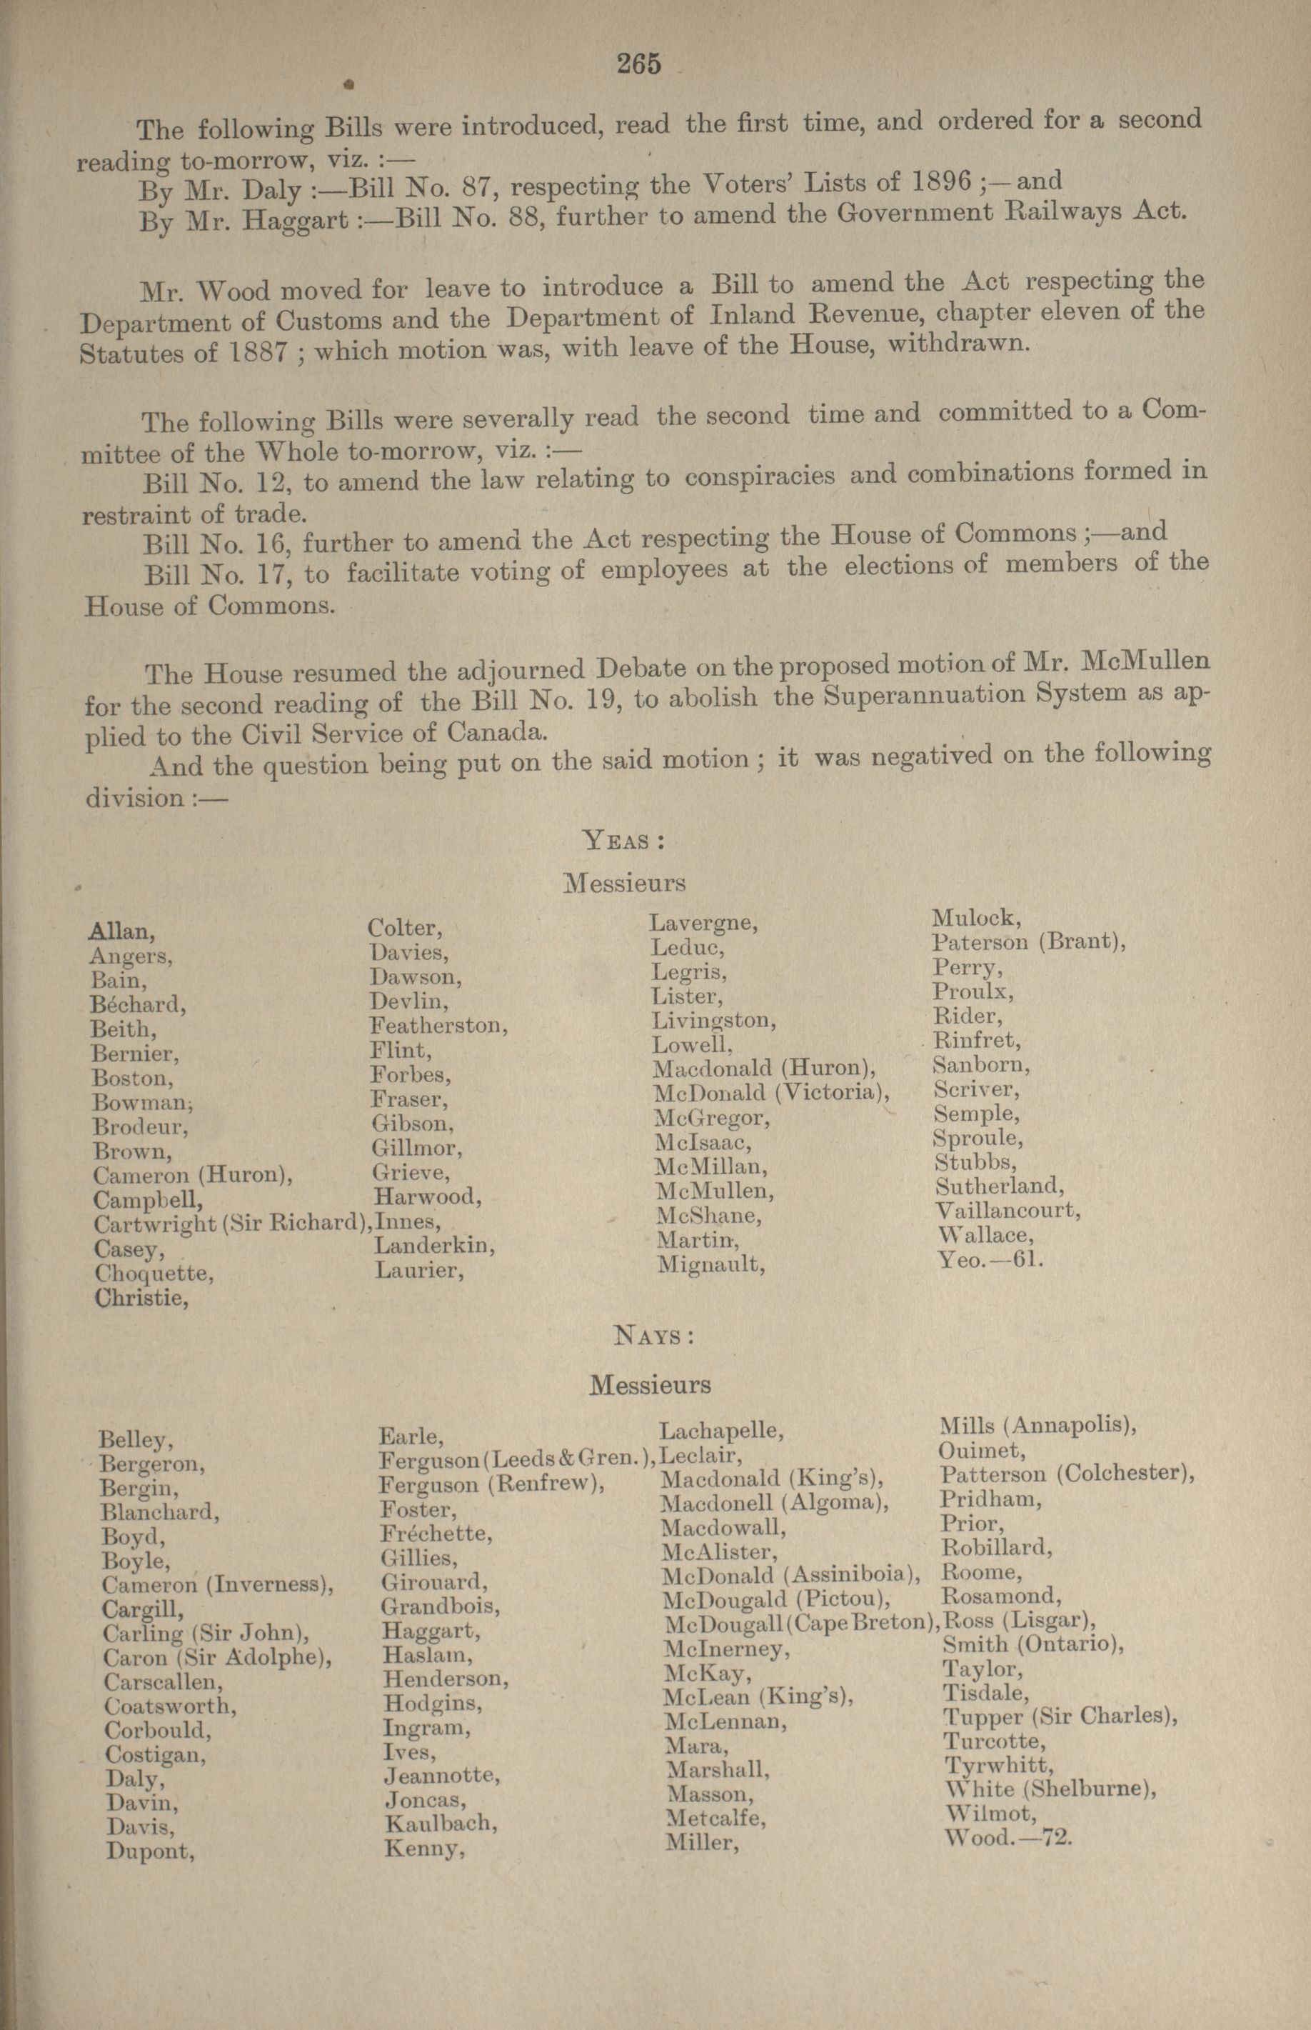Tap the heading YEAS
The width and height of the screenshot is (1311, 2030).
click(623, 841)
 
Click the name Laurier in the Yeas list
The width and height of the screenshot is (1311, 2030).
click(419, 1271)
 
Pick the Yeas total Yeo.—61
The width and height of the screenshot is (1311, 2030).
click(989, 1259)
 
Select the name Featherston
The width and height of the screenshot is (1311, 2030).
click(438, 1025)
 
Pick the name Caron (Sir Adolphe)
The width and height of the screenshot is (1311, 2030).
click(217, 1658)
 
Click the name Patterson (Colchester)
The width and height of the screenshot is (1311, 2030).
click(1068, 1474)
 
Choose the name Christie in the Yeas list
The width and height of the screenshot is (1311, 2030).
click(141, 1299)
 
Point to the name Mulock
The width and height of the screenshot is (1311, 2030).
click(975, 918)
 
